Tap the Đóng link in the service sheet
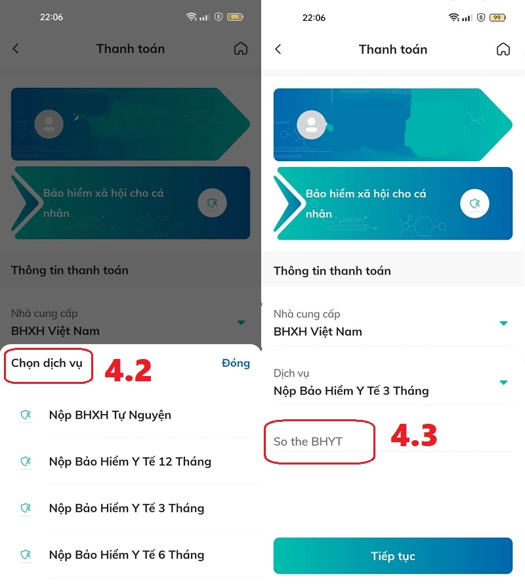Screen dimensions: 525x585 pyautogui.click(x=236, y=363)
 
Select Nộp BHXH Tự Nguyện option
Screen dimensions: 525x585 pyautogui.click(x=110, y=415)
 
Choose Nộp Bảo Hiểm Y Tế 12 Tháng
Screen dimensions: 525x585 pyautogui.click(x=130, y=462)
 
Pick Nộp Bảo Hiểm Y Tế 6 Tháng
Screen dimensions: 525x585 pyautogui.click(x=127, y=555)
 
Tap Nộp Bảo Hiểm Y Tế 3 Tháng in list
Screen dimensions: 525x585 pyautogui.click(x=127, y=508)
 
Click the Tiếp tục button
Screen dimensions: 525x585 pyautogui.click(x=392, y=556)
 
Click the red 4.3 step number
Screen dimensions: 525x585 pyautogui.click(x=413, y=436)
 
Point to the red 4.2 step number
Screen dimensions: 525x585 pyautogui.click(x=128, y=370)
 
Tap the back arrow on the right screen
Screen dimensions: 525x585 pyautogui.click(x=278, y=49)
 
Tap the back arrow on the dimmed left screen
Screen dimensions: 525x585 pyautogui.click(x=16, y=48)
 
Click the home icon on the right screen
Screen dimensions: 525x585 pyautogui.click(x=503, y=49)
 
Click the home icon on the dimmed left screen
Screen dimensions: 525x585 pyautogui.click(x=241, y=48)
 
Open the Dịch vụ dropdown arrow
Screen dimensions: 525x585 pyautogui.click(x=503, y=383)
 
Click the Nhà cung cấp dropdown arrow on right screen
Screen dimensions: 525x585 pyautogui.click(x=503, y=323)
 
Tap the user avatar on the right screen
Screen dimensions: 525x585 pyautogui.click(x=311, y=124)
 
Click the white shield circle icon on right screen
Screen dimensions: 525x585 pyautogui.click(x=474, y=204)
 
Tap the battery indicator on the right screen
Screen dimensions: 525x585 pyautogui.click(x=497, y=18)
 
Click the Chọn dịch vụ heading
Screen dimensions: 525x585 pyautogui.click(x=47, y=363)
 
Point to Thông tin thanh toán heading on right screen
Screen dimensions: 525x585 pyautogui.click(x=332, y=271)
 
